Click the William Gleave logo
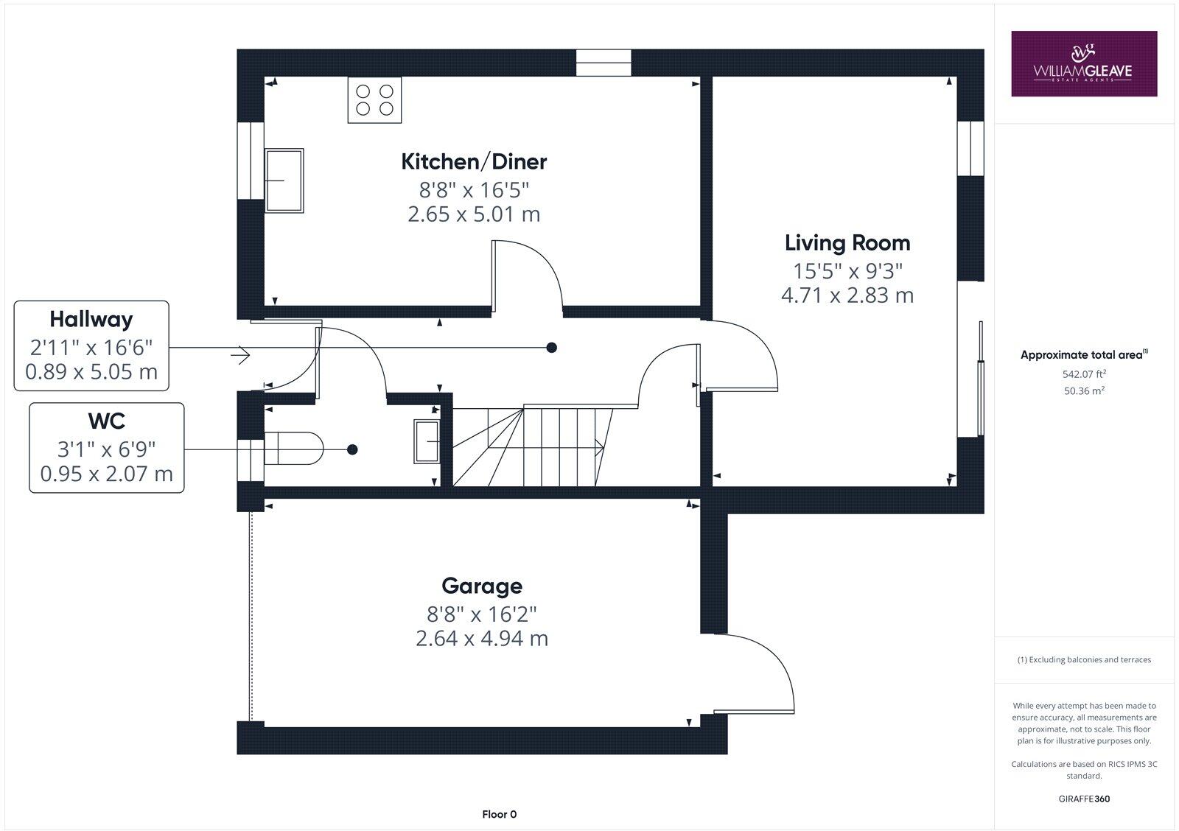coord(1083,63)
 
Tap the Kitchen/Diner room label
coord(474,161)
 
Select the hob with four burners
coord(374,99)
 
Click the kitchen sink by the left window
coord(284,180)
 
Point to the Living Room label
coord(847,242)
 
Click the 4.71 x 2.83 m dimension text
coord(847,295)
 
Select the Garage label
coord(482,586)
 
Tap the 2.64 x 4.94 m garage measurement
coord(482,638)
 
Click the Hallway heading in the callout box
coord(91,319)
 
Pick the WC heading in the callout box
coord(106,421)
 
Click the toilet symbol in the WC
coord(293,449)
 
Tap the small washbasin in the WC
coord(426,441)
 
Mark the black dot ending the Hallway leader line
coord(551,347)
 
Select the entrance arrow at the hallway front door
coord(240,355)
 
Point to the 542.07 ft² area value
coord(1083,374)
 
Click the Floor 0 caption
coord(499,814)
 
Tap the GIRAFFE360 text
coord(1083,799)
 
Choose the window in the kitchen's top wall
coord(604,62)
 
